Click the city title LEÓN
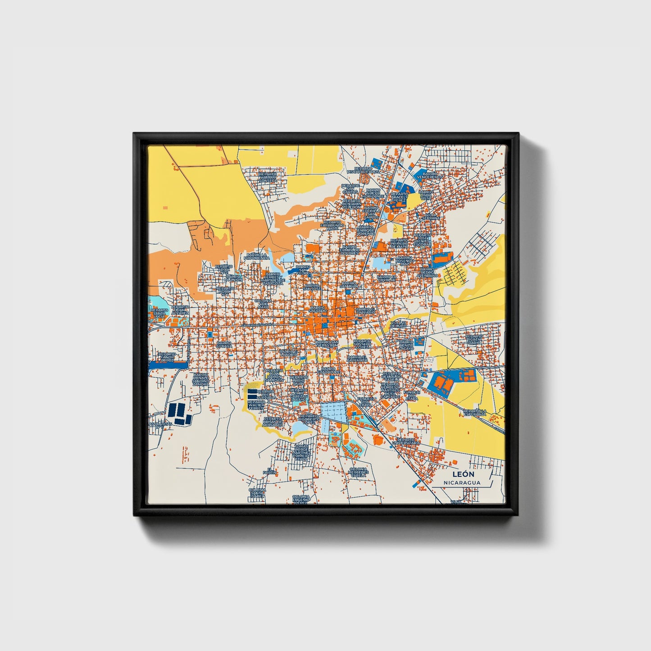461,474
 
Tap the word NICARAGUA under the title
461,483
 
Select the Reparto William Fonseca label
272,178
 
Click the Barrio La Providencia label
257,255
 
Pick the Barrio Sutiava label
224,344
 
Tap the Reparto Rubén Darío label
473,339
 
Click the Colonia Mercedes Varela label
359,472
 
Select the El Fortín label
269,470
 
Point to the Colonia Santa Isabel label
257,494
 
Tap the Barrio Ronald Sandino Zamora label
201,379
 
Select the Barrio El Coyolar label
387,278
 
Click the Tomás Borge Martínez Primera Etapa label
301,451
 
